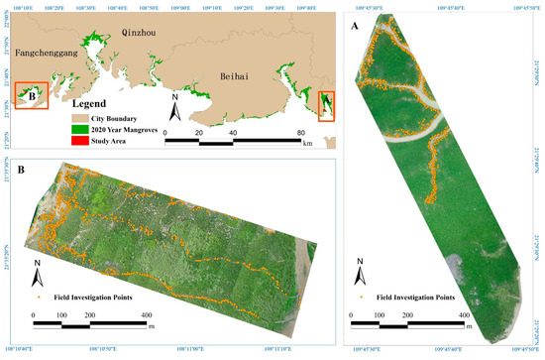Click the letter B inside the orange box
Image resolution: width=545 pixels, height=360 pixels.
click(34, 96)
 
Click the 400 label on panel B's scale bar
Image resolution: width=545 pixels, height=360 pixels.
click(146, 315)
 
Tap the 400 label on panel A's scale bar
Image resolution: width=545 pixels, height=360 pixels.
click(463, 315)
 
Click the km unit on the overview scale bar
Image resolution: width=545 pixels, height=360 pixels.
click(308, 144)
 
